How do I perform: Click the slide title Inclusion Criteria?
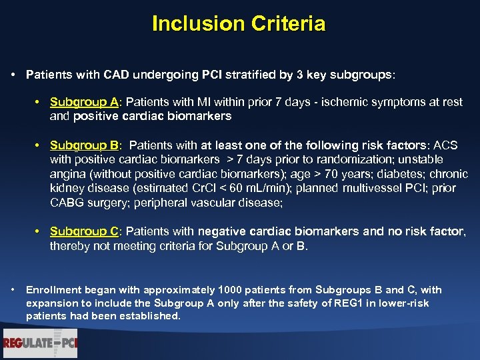click(x=239, y=24)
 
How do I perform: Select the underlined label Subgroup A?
click(x=84, y=102)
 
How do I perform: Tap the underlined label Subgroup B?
click(x=84, y=145)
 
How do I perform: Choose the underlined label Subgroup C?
click(x=84, y=231)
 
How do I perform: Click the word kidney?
click(x=66, y=189)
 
